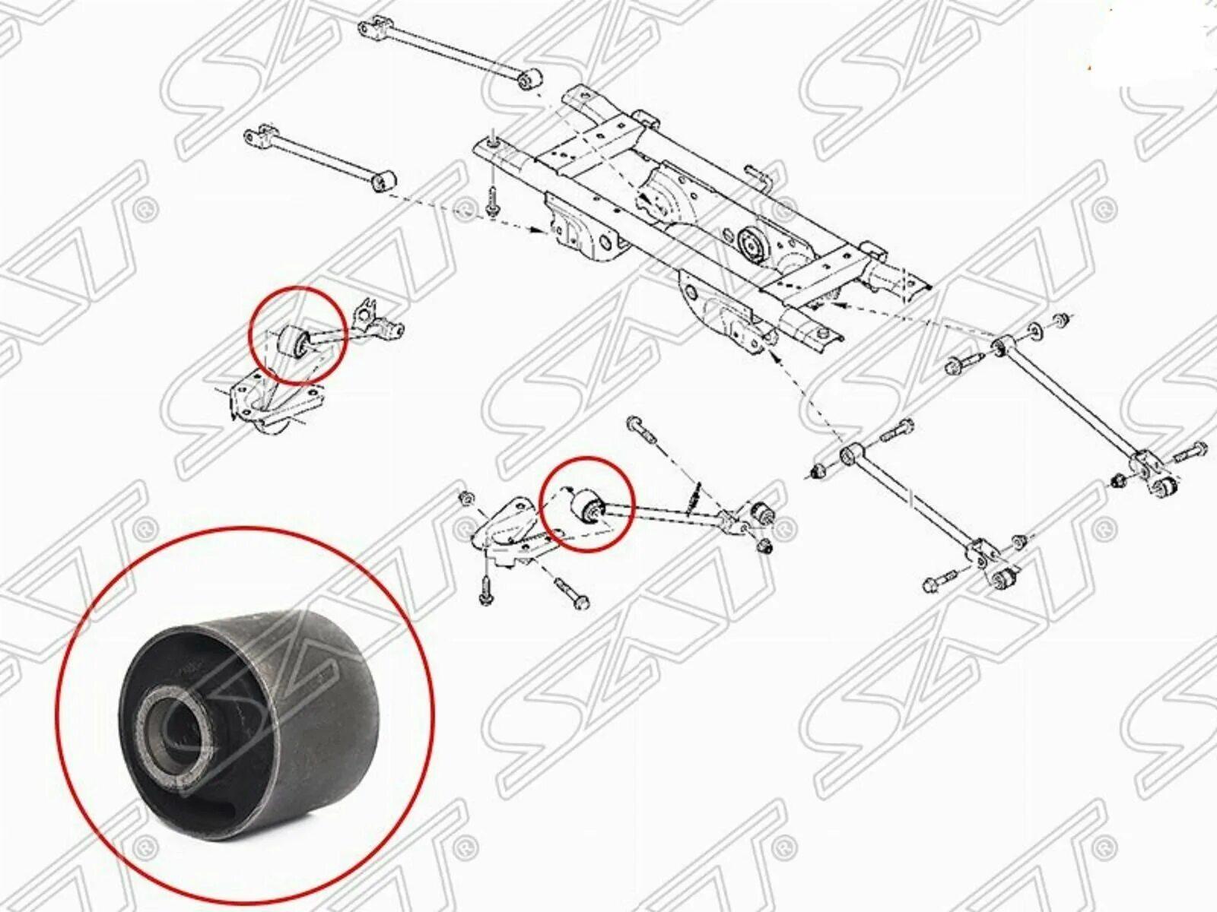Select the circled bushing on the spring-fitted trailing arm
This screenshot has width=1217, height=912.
[587, 505]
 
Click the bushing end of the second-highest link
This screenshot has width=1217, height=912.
[384, 182]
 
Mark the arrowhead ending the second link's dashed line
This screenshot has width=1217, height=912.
[546, 231]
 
